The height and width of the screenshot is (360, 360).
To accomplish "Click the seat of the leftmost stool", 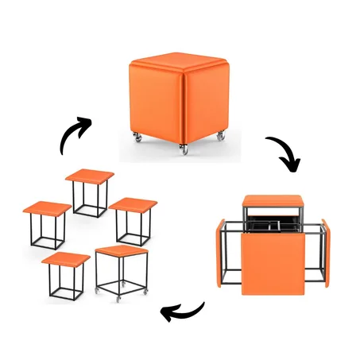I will tap(46, 208).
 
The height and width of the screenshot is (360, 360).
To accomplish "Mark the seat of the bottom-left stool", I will tap(67, 259).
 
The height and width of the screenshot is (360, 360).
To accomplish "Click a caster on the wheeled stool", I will tap(120, 298).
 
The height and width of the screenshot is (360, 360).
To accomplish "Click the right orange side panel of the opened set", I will tap(325, 253).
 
